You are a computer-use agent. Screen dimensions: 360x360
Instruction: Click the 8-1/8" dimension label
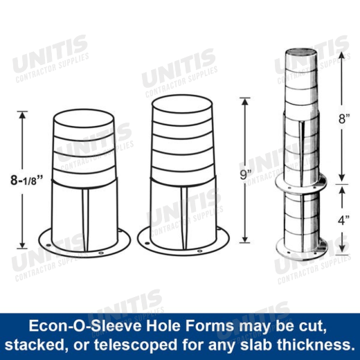[x=27, y=180]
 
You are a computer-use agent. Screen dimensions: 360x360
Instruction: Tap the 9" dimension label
[x=245, y=174]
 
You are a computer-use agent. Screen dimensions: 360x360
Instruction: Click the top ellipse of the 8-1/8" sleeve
[x=84, y=118]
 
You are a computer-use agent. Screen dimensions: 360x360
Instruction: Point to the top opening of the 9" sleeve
[x=182, y=105]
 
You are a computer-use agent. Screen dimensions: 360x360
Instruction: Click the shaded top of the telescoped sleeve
[x=300, y=52]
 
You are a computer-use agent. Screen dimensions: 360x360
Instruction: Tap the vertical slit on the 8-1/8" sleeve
[x=85, y=220]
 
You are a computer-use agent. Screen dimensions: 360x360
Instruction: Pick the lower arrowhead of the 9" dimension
[x=245, y=239]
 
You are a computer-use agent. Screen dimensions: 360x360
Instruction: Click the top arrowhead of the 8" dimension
[x=342, y=55]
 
